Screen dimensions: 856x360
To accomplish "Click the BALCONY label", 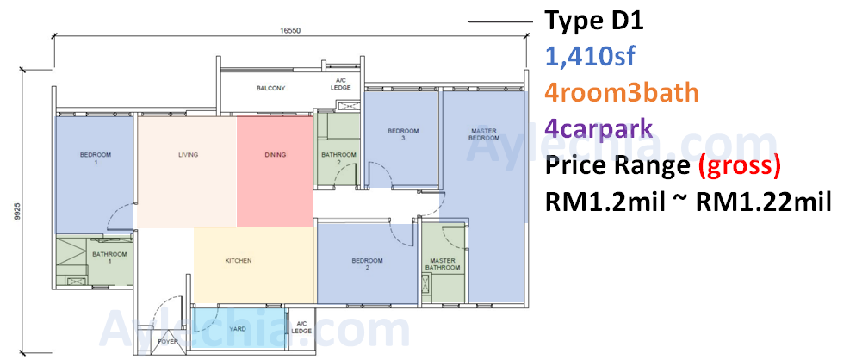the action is pyautogui.click(x=270, y=88).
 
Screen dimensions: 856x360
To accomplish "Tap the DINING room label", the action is pyautogui.click(x=276, y=155).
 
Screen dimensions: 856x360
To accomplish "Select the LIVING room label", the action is pyautogui.click(x=188, y=155).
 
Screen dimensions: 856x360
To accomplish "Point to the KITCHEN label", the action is pyautogui.click(x=239, y=261).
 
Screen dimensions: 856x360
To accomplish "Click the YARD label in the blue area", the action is pyautogui.click(x=237, y=329).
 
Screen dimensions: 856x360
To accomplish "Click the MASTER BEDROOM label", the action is pyautogui.click(x=483, y=134).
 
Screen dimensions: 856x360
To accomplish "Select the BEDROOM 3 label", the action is pyautogui.click(x=403, y=134).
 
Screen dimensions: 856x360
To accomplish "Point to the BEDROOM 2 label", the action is pyautogui.click(x=367, y=264).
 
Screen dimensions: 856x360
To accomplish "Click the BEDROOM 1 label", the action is pyautogui.click(x=96, y=158).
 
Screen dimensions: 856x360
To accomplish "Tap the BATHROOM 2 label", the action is pyautogui.click(x=338, y=158).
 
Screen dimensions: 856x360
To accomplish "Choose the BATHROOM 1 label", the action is pyautogui.click(x=109, y=258).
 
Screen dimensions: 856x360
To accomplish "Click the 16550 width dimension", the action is pyautogui.click(x=290, y=31).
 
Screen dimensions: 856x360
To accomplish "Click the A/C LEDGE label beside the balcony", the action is pyautogui.click(x=341, y=84).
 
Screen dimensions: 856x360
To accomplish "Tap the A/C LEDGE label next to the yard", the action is pyautogui.click(x=301, y=328).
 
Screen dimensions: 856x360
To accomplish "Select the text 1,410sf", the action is pyautogui.click(x=590, y=57).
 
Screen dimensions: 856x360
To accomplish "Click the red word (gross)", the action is pyautogui.click(x=740, y=166).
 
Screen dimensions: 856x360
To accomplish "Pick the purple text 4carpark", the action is pyautogui.click(x=599, y=129).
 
